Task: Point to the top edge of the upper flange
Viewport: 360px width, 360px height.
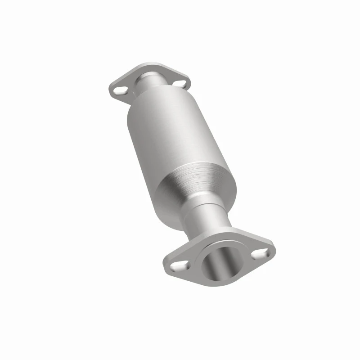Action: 148,66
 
